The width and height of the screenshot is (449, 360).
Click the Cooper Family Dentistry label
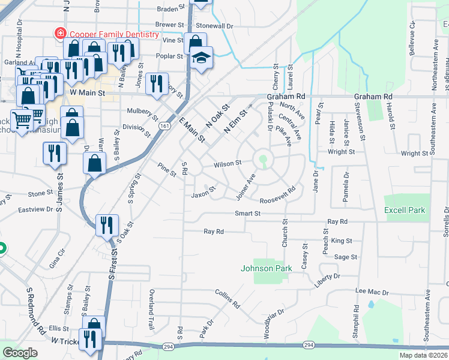tap(113, 34)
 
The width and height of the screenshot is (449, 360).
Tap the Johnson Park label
tap(267, 268)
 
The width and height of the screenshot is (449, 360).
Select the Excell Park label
tap(405, 210)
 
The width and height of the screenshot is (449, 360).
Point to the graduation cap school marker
tap(202, 58)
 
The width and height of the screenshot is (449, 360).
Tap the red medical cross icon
tap(60, 34)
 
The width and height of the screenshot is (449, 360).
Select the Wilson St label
tap(228, 163)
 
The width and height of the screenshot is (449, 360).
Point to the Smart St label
tap(247, 213)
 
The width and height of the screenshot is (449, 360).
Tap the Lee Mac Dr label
tap(369, 290)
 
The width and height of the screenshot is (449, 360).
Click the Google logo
tap(20, 353)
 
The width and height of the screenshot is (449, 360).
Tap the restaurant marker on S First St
tap(106, 226)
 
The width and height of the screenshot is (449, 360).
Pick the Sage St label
tap(345, 257)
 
